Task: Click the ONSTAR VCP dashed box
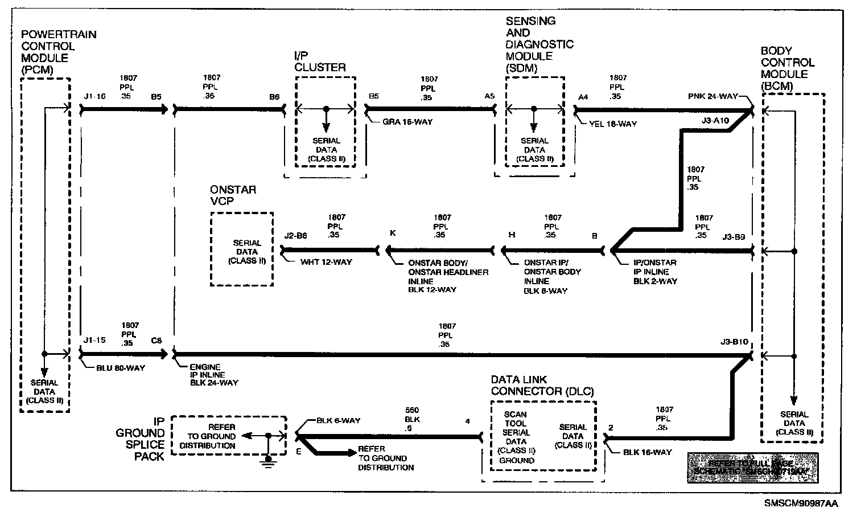pyautogui.click(x=241, y=249)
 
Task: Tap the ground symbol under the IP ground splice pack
pyautogui.click(x=268, y=460)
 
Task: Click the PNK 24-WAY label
pyautogui.click(x=712, y=96)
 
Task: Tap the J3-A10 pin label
pyautogui.click(x=715, y=120)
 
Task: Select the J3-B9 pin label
pyautogui.click(x=733, y=237)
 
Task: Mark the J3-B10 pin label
pyautogui.click(x=734, y=342)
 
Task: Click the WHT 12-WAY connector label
pyautogui.click(x=326, y=262)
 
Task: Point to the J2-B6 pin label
pyautogui.click(x=295, y=235)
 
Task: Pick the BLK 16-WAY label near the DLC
pyautogui.click(x=647, y=452)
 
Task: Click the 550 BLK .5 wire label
pyautogui.click(x=412, y=419)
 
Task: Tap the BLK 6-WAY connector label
pyautogui.click(x=338, y=421)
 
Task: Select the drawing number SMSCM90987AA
pyautogui.click(x=801, y=503)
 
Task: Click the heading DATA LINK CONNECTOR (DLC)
pyautogui.click(x=542, y=386)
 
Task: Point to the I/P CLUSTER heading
pyautogui.click(x=319, y=62)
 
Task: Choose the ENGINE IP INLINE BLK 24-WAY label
pyautogui.click(x=214, y=375)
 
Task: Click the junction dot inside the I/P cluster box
pyautogui.click(x=326, y=108)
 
